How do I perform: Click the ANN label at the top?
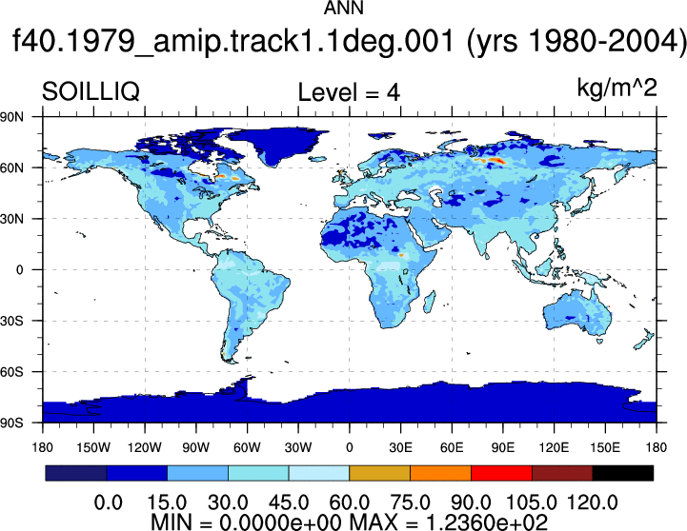coord(343,8)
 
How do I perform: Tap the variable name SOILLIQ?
coord(91,92)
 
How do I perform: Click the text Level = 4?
coord(349,92)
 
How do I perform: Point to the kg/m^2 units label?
coord(616,88)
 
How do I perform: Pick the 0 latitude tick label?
coord(19,270)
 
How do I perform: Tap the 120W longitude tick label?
coord(145,447)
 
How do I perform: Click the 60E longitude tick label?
coord(452,447)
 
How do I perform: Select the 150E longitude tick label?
coord(605,447)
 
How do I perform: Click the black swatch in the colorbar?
coord(622,473)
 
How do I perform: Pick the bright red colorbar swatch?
coord(501,473)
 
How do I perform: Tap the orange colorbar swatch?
coord(440,473)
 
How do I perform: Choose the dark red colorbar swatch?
coord(562,473)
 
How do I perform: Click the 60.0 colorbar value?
coord(349,502)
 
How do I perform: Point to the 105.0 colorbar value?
coord(532,502)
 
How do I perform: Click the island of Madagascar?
coord(430,303)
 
